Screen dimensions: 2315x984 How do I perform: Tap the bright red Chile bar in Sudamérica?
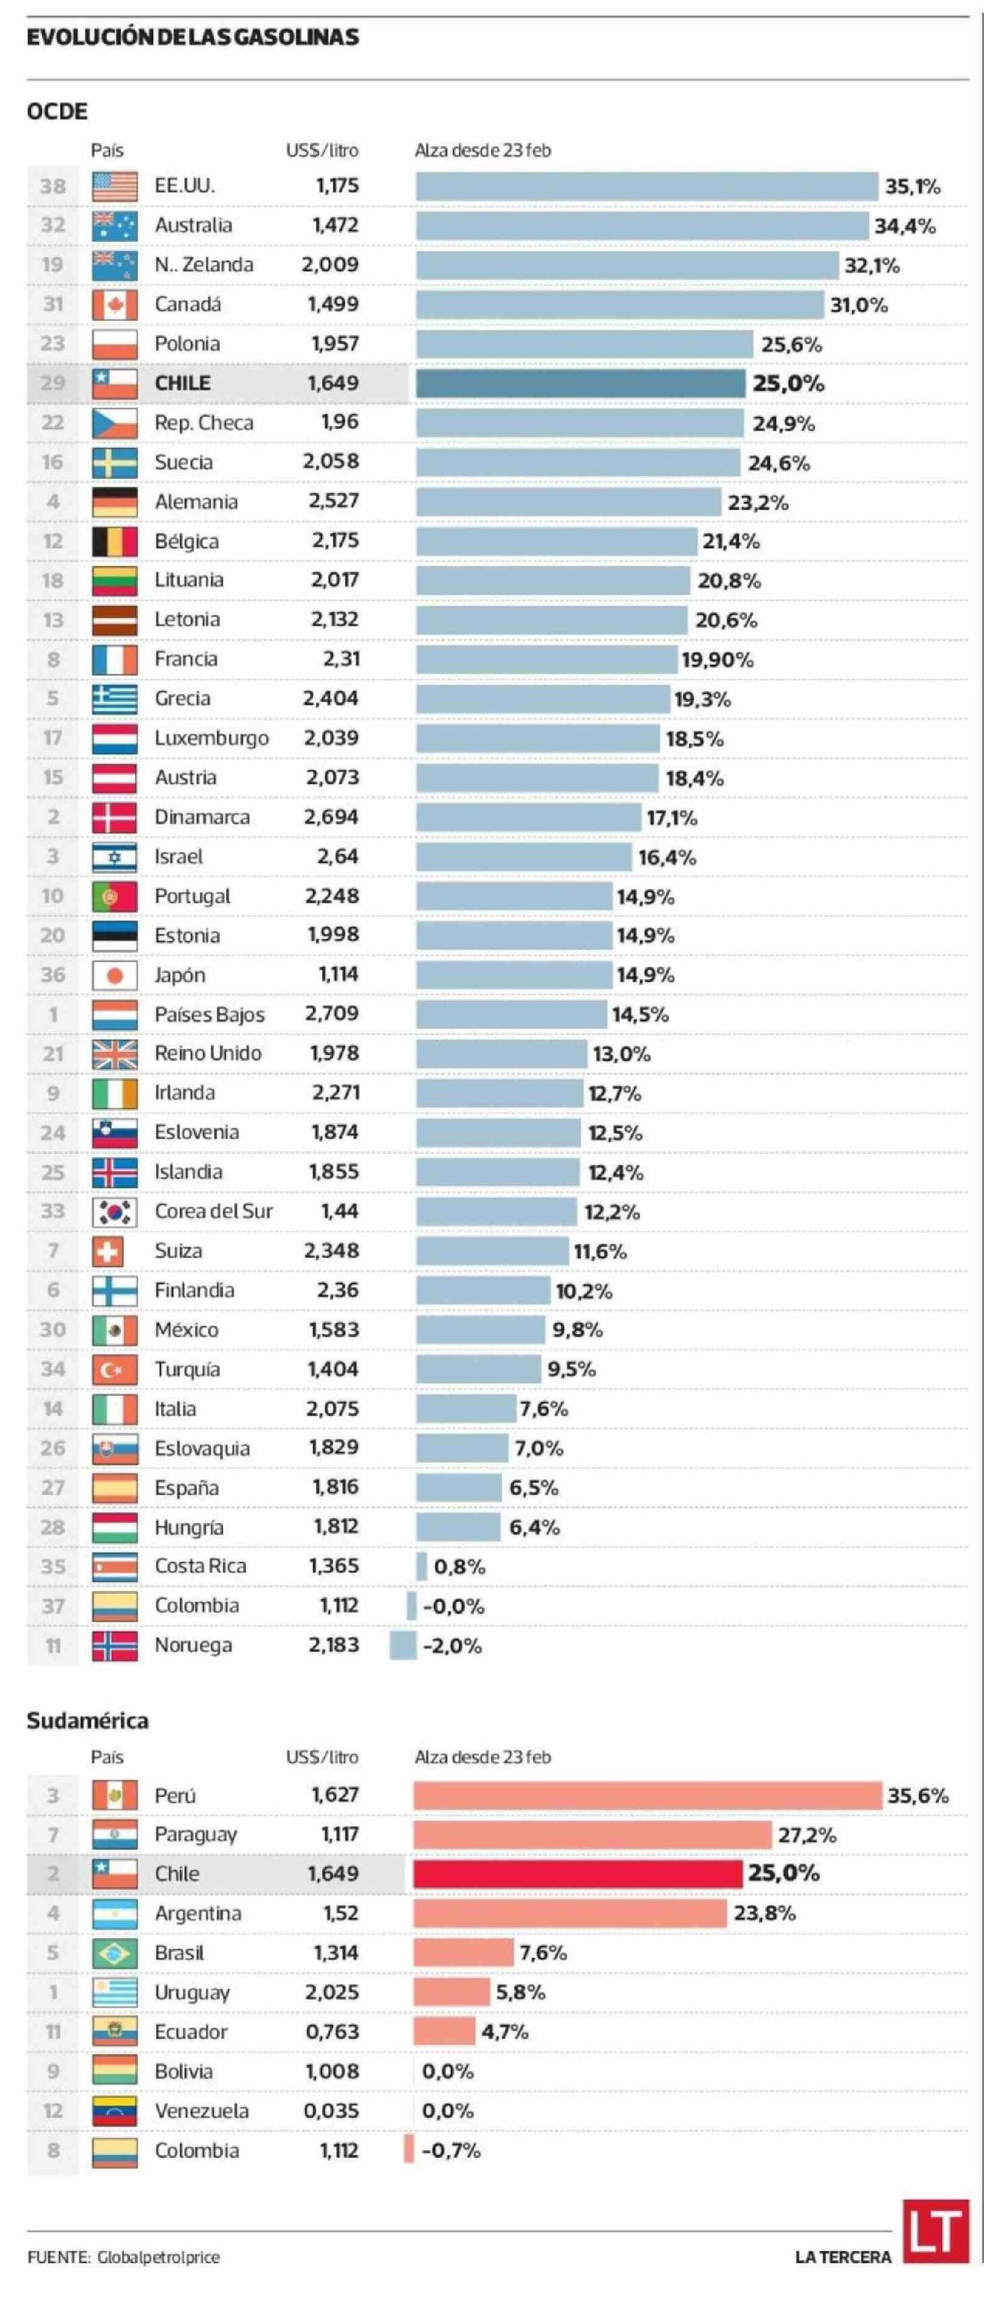click(577, 1874)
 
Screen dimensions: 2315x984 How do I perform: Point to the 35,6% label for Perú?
click(917, 1796)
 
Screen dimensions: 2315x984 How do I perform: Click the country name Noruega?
click(193, 1646)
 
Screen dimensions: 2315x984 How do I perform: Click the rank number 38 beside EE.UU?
click(53, 186)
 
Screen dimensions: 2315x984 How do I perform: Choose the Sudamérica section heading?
click(87, 1721)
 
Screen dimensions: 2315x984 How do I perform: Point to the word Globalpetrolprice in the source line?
click(158, 2257)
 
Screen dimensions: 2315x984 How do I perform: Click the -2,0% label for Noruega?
click(452, 1646)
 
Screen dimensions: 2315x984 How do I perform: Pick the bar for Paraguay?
click(592, 1834)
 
